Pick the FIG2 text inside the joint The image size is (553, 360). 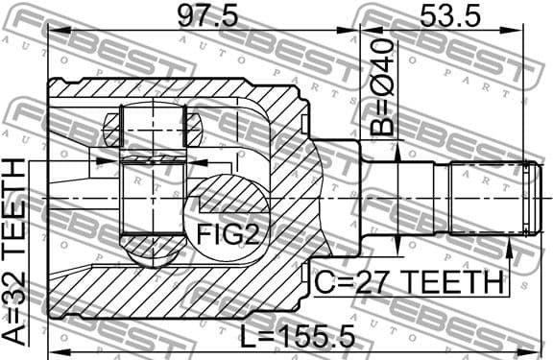[x=227, y=232]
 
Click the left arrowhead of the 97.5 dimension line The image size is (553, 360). [x=54, y=31]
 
